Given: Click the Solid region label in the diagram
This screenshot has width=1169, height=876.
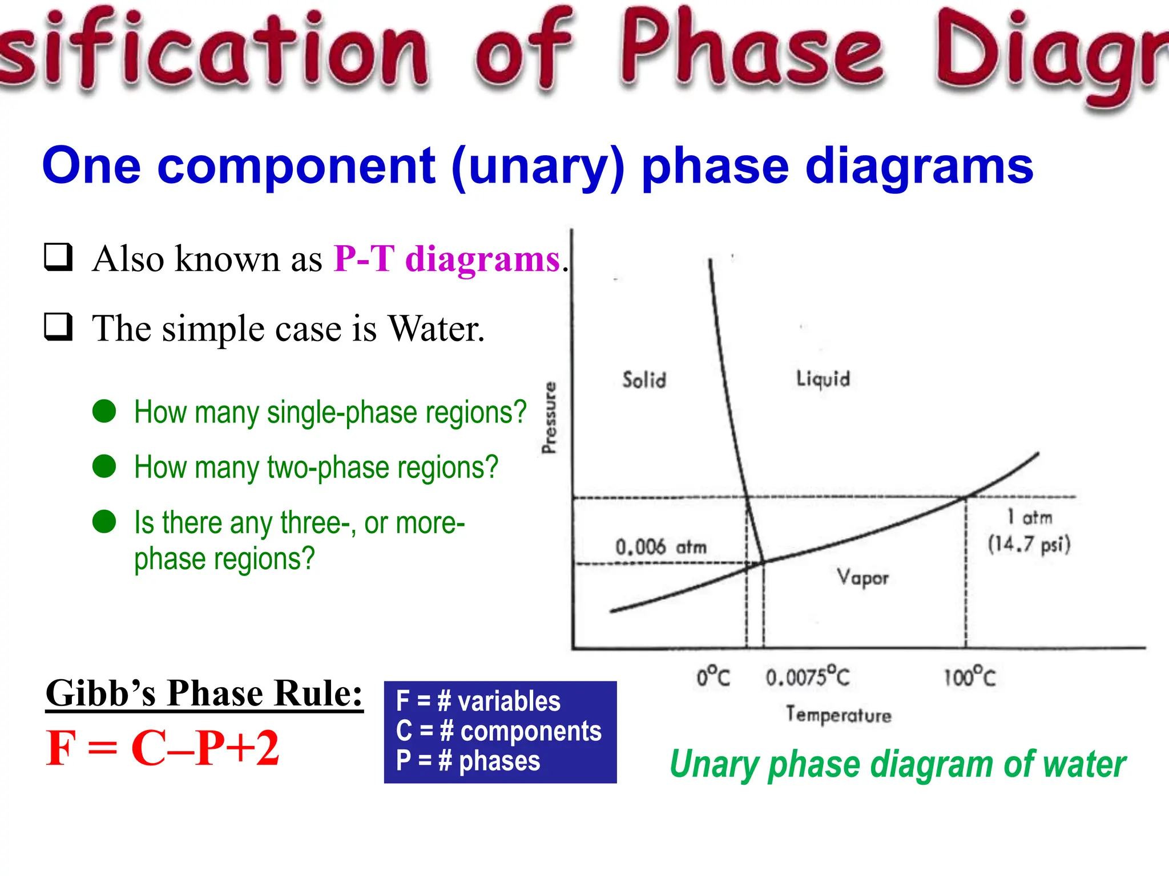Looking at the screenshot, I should (644, 380).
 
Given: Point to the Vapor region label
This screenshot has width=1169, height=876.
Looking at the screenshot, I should (862, 577).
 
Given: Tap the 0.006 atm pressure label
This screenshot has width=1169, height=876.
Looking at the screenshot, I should (660, 547).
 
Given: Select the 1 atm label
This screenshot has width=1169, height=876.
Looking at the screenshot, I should (1029, 517).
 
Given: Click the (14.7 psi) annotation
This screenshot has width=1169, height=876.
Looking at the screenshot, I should (1029, 544).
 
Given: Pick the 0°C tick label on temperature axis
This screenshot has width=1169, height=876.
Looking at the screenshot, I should (713, 677).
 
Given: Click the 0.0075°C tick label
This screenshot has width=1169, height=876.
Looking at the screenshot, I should (807, 677).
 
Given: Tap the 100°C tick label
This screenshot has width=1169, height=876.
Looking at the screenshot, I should (969, 677).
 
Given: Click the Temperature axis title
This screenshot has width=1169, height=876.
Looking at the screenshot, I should (838, 715).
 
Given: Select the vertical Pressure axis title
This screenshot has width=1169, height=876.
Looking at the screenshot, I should (549, 418).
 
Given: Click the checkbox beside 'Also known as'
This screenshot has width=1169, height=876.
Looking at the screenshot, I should (59, 257).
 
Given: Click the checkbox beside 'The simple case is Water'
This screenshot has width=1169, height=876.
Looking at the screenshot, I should (59, 327).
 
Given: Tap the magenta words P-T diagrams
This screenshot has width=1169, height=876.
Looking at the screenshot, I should (447, 259).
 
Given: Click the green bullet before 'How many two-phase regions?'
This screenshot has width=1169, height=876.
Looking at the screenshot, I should (104, 466).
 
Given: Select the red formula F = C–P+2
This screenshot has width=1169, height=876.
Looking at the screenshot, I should (163, 748).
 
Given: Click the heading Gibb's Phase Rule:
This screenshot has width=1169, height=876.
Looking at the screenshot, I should (204, 693).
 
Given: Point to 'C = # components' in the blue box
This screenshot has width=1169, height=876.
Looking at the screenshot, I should (499, 731).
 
